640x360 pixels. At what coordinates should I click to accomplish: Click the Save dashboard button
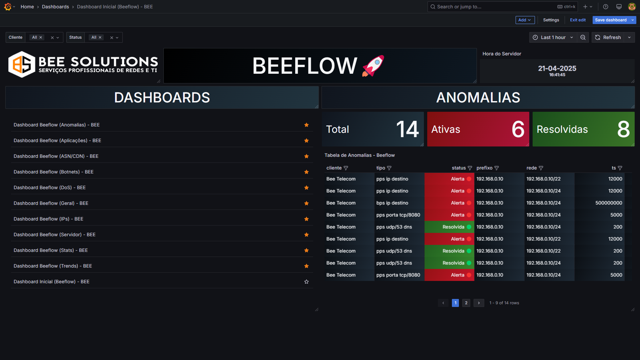(611, 20)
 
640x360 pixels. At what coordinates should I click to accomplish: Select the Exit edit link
(578, 20)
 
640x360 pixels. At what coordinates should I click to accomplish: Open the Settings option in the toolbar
(551, 20)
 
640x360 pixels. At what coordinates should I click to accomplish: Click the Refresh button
(608, 37)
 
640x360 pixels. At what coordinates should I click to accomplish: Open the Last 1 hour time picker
(553, 37)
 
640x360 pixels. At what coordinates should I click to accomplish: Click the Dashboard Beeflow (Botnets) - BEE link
(53, 172)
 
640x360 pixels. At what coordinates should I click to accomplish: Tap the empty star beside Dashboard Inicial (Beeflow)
(306, 282)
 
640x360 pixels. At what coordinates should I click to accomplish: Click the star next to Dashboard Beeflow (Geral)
(306, 203)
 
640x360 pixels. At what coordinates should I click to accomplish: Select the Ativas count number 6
(518, 129)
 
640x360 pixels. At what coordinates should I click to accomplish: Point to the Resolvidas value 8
(623, 129)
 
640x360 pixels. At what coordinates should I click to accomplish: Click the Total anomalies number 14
(407, 129)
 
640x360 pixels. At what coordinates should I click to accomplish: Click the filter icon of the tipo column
(389, 168)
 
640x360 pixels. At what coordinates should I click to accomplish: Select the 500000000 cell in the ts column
(609, 203)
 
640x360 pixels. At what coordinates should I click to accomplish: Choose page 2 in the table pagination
(466, 303)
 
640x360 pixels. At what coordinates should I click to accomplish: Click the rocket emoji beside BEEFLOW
(373, 66)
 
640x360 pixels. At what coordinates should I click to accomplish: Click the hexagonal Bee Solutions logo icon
(22, 64)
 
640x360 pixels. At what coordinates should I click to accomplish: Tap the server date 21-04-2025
(557, 68)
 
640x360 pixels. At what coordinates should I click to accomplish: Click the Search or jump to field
(494, 7)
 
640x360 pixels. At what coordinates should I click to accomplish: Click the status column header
(459, 168)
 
